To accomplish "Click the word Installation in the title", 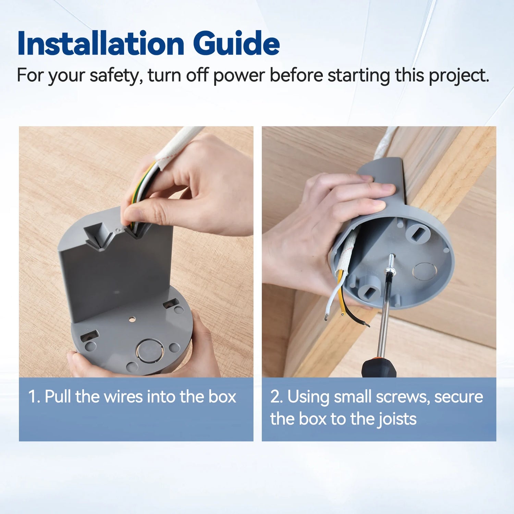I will point(101,44).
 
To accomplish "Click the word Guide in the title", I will point(236,44).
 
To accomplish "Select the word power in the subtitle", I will point(239,75).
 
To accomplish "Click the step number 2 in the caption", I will point(276,397).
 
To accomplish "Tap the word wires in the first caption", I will point(123,397).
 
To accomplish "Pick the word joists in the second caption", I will point(397,419).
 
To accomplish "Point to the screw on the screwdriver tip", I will point(391,264).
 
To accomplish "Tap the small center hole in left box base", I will point(132,319).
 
